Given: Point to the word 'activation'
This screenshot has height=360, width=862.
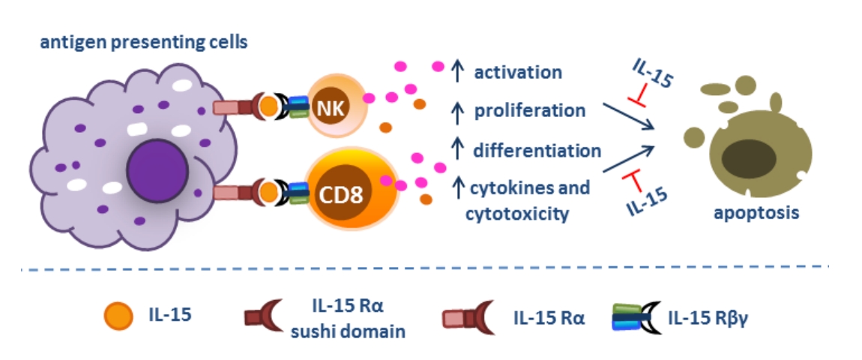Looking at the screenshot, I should [x=518, y=72].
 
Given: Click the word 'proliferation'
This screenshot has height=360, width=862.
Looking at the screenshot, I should [x=530, y=110].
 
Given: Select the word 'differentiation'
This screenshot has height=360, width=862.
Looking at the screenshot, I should [x=537, y=150].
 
